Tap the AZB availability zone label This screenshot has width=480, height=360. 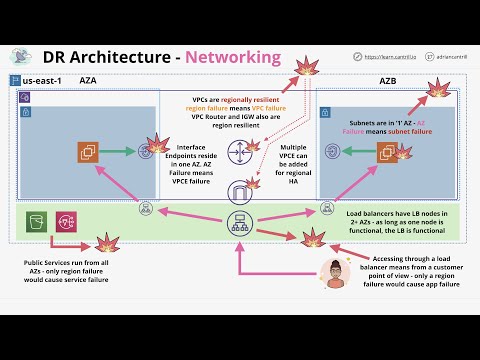pyautogui.click(x=388, y=78)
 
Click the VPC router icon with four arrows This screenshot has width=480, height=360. pyautogui.click(x=240, y=153)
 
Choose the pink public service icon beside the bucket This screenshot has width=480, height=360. pyautogui.click(x=68, y=222)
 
